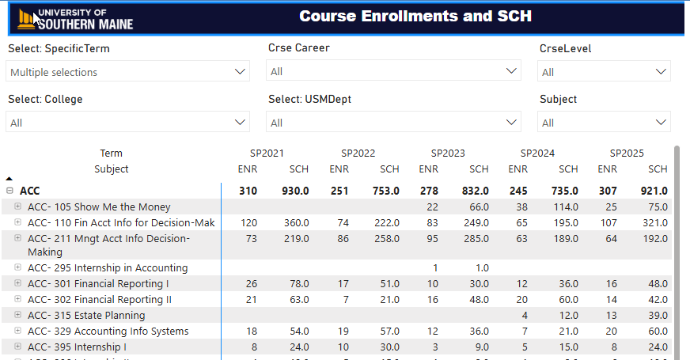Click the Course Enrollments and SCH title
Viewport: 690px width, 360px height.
415,17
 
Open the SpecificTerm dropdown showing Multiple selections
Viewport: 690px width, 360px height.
128,72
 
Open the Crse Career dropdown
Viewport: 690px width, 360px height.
394,71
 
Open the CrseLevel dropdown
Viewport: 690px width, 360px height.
605,72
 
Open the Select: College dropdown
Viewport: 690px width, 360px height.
128,123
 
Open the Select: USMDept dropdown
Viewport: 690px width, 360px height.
394,123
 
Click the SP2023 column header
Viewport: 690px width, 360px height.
448,153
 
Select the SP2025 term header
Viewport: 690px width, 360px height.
627,153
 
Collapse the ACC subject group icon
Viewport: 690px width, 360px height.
9,191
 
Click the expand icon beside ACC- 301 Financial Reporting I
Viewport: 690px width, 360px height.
17,283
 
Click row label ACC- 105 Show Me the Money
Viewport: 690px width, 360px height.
99,207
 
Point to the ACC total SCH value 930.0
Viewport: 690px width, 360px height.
295,191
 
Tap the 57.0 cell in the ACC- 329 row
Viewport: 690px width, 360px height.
389,332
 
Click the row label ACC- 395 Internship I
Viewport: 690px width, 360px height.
77,347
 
